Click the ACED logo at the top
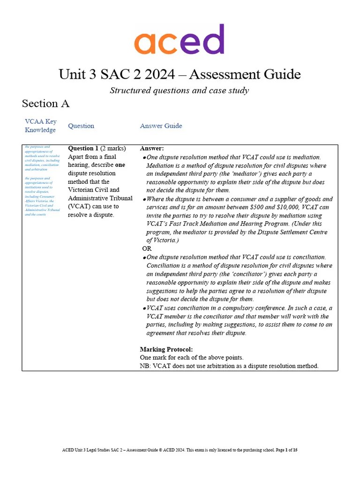[x=179, y=40]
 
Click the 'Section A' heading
[x=45, y=103]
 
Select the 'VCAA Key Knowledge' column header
[x=41, y=126]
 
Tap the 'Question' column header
[x=81, y=126]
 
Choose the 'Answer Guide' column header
[x=161, y=126]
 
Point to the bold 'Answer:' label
[x=152, y=149]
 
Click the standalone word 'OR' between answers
[x=147, y=248]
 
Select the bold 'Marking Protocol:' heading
[x=166, y=349]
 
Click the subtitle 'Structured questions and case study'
[x=179, y=90]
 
